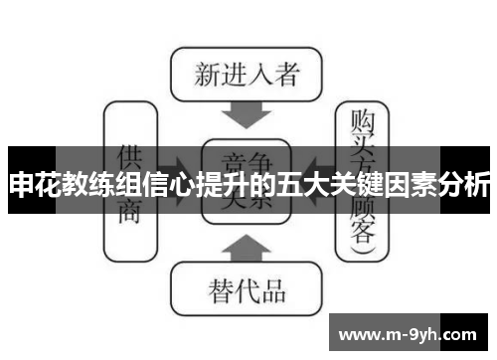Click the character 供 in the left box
coord(129,158)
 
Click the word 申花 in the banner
coord(31,185)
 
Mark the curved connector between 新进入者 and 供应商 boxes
coord(149,80)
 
